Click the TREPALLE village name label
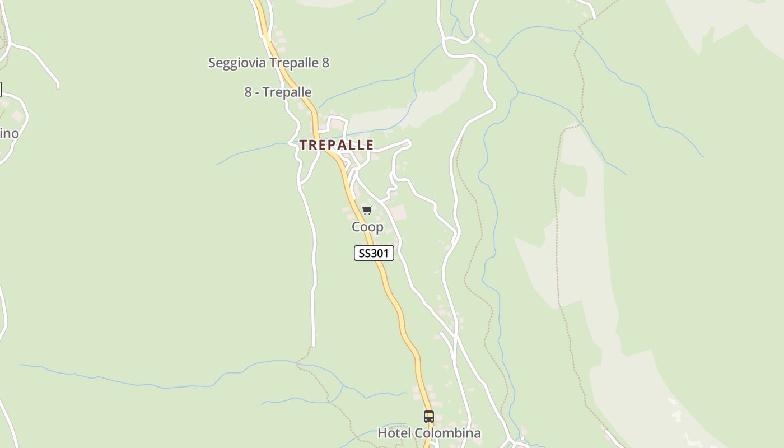[x=336, y=145]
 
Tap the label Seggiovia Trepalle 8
[x=268, y=63]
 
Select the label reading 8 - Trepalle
[x=278, y=92]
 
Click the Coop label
[x=367, y=227]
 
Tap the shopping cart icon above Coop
[x=367, y=211]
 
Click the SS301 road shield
[x=374, y=253]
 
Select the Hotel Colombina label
[x=429, y=433]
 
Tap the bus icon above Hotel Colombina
[x=429, y=417]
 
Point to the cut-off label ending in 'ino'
[x=9, y=134]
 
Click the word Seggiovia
[x=237, y=63]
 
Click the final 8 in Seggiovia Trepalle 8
[x=325, y=63]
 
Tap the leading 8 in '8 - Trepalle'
[x=248, y=92]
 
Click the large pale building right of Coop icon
[x=398, y=213]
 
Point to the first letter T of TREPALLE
[x=303, y=145]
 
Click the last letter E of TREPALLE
[x=370, y=145]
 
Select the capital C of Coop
[x=356, y=227]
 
